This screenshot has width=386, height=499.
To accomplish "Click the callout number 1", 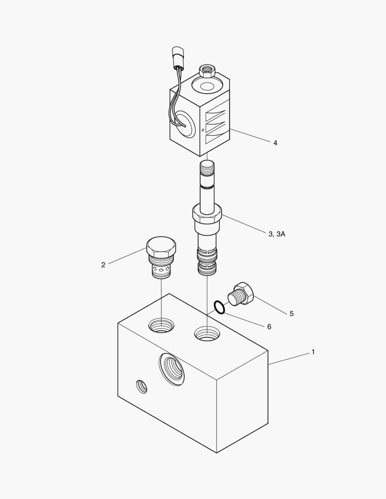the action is click(x=313, y=352).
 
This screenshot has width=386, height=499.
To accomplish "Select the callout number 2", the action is click(x=103, y=265).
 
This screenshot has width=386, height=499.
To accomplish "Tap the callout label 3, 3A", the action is click(x=277, y=234).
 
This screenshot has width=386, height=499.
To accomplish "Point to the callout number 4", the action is click(x=275, y=143).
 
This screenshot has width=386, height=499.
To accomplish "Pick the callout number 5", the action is click(x=291, y=314).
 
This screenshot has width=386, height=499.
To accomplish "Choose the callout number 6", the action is click(x=269, y=327).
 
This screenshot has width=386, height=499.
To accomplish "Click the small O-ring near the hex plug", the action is click(x=220, y=306).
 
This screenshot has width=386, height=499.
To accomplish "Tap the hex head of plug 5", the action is click(x=245, y=292).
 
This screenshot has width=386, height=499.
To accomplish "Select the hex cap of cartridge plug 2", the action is click(x=161, y=247).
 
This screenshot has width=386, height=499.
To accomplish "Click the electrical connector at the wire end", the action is click(x=178, y=57).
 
